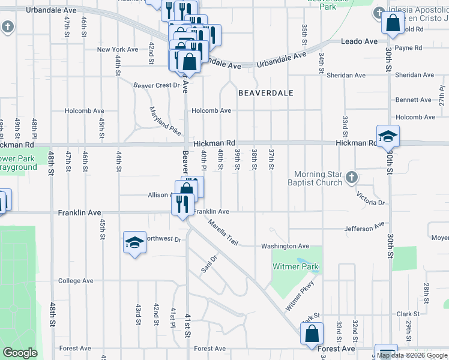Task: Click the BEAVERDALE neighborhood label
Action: pyautogui.click(x=265, y=93)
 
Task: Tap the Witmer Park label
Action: pyautogui.click(x=295, y=266)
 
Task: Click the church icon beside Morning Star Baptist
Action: pyautogui.click(x=352, y=178)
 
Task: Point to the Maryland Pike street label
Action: pyautogui.click(x=165, y=120)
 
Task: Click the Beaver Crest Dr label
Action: pyautogui.click(x=157, y=85)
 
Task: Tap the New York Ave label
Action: pyautogui.click(x=118, y=49)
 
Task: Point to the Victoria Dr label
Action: pyautogui.click(x=370, y=199)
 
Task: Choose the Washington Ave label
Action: pyautogui.click(x=285, y=246)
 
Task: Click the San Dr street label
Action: pyautogui.click(x=208, y=263)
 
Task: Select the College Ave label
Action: pyautogui.click(x=76, y=281)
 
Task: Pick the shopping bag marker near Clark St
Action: pyautogui.click(x=312, y=334)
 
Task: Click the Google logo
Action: pyautogui.click(x=20, y=353)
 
